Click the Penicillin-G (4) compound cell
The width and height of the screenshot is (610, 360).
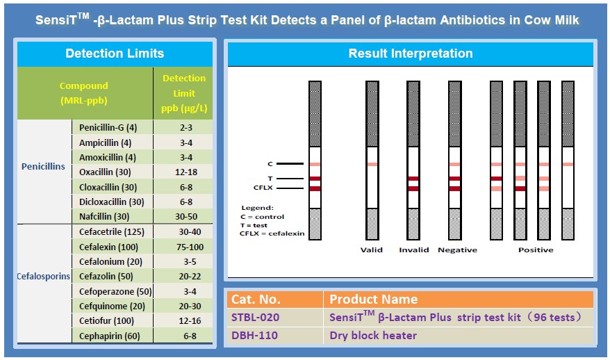(108, 128)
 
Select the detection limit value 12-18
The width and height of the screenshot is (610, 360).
(186, 172)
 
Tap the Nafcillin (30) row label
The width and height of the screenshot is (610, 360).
(104, 216)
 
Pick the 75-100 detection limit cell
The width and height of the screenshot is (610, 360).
(190, 247)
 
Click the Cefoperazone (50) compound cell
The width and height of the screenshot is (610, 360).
(115, 291)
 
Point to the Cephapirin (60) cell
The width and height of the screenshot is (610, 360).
(109, 336)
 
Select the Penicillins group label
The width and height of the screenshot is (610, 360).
(43, 167)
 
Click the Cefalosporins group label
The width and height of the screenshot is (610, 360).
(44, 277)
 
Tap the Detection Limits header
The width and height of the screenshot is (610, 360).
(115, 54)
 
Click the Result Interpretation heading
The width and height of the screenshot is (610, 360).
(411, 54)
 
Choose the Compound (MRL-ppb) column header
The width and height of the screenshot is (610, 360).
(83, 93)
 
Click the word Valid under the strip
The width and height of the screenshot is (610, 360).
(372, 250)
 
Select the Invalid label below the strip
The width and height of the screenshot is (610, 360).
(414, 250)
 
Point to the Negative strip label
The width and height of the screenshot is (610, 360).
(457, 250)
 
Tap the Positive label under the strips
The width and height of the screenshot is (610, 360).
(536, 250)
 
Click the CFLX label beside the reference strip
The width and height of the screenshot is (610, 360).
(263, 188)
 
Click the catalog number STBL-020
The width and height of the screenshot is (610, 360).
(255, 318)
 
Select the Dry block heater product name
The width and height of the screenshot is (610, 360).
(373, 336)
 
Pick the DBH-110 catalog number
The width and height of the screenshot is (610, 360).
(254, 336)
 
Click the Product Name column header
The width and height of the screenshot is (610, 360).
(374, 300)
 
